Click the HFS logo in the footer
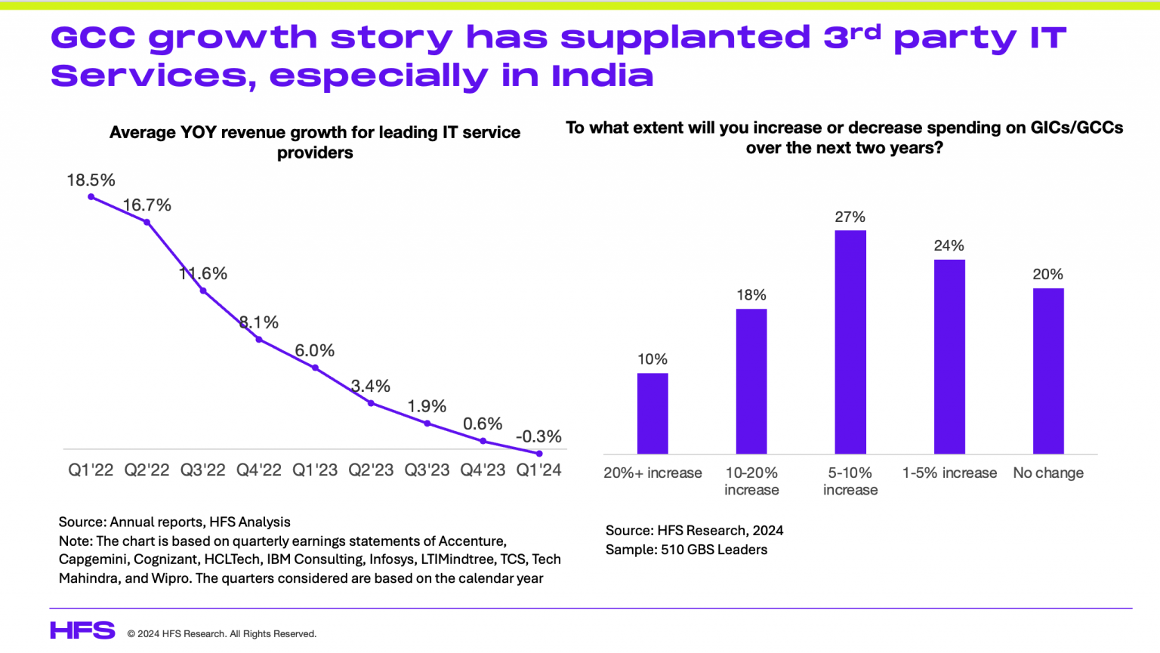coord(82,630)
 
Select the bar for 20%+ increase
coord(652,413)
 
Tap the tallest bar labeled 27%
coord(850,342)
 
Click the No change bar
coord(1048,371)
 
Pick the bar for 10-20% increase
coord(751,381)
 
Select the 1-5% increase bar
coord(949,356)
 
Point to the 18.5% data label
coord(91,180)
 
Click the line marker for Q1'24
coord(539,454)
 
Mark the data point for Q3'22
coord(203,291)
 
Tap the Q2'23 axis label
coord(371,470)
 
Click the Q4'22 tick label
coord(259,470)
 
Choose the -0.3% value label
coord(538,436)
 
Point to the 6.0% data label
coord(314,350)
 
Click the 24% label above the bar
coord(949,245)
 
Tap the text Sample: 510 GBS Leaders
coord(686,550)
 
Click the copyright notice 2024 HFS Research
coord(221,634)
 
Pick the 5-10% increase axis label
coord(850,481)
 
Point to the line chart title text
coord(315,142)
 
